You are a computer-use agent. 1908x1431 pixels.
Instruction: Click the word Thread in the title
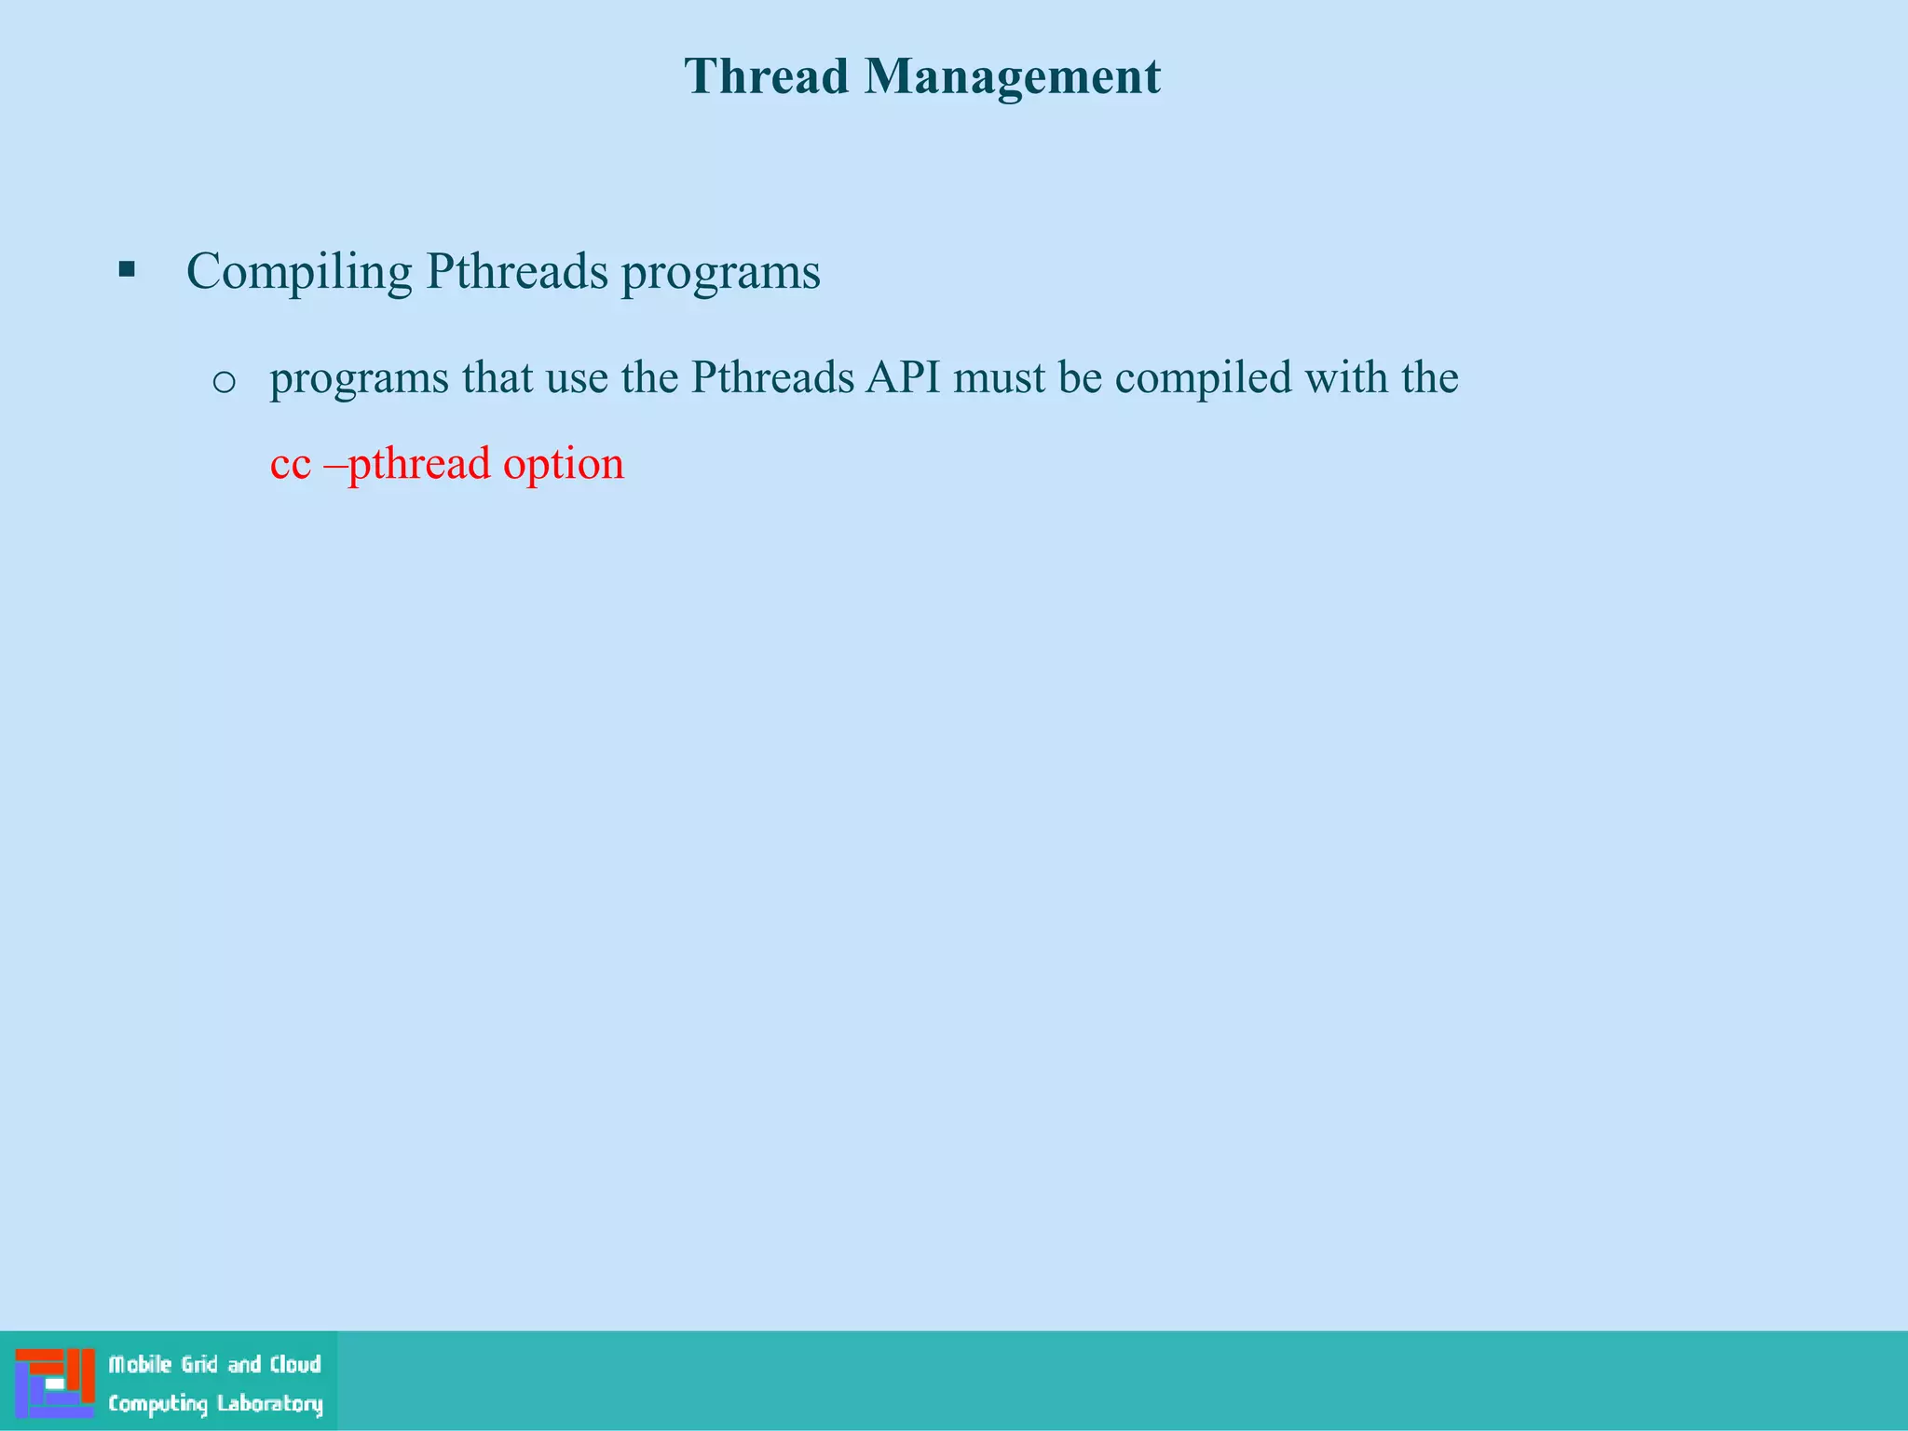tap(766, 76)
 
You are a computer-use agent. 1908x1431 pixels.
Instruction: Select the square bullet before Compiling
tap(127, 271)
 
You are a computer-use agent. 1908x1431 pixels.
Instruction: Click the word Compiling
tap(298, 273)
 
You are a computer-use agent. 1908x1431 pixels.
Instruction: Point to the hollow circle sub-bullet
tap(224, 381)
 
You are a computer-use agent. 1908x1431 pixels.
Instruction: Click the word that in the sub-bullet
tap(497, 377)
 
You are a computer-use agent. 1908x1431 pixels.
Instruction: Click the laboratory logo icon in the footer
tap(55, 1383)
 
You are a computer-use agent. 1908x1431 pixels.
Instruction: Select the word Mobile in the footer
tap(141, 1365)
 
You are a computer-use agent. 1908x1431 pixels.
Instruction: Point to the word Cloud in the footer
tap(295, 1365)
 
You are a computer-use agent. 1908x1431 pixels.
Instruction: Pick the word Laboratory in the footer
tap(270, 1404)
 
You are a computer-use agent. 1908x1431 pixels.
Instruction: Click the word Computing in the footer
tap(157, 1404)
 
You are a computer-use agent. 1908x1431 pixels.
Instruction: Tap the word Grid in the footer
tap(199, 1365)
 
